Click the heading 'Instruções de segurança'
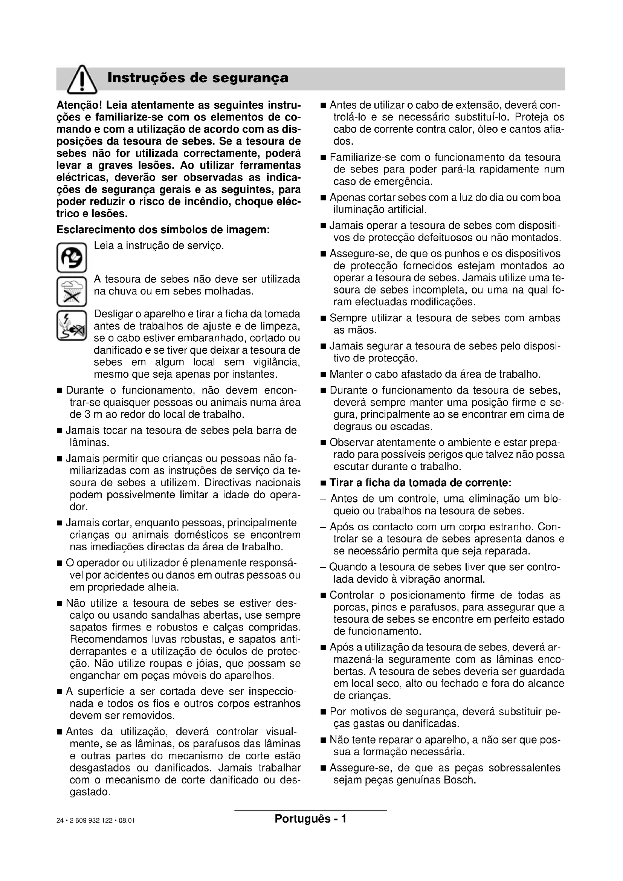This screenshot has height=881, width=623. (198, 78)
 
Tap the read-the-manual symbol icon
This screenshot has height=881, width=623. (71, 257)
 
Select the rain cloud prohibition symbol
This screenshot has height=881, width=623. (71, 292)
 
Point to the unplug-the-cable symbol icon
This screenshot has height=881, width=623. (71, 325)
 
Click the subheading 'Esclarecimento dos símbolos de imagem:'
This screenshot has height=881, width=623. (163, 229)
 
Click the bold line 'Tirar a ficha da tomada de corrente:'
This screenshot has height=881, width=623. (421, 483)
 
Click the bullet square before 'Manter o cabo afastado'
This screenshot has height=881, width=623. (323, 374)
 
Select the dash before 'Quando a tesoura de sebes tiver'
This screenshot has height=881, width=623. (323, 567)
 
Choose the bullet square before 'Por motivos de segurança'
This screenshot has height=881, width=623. (323, 712)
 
